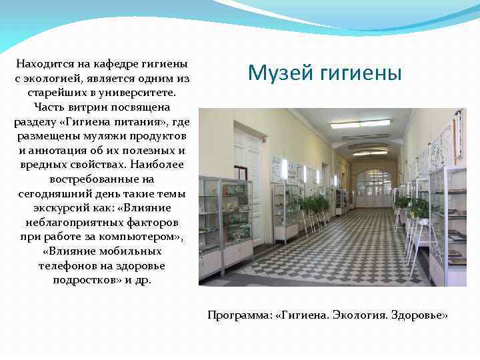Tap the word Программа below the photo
238,314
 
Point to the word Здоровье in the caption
419,314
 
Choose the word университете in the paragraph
140,93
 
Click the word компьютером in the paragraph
146,237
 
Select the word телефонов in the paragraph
64,265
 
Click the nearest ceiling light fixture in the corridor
360,124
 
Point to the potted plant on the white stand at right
419,209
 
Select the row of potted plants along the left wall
313,203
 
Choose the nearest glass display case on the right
448,223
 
